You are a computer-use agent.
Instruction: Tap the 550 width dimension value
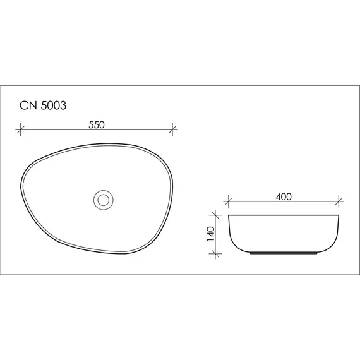point(96,124)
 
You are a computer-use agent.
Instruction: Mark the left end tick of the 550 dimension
point(20,131)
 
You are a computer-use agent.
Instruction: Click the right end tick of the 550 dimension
point(173,131)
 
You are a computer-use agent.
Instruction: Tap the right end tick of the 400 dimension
point(340,203)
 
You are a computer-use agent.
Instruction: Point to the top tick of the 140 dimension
point(217,215)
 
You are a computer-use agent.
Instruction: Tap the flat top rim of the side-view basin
point(284,215)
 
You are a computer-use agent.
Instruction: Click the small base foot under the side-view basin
point(284,254)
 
